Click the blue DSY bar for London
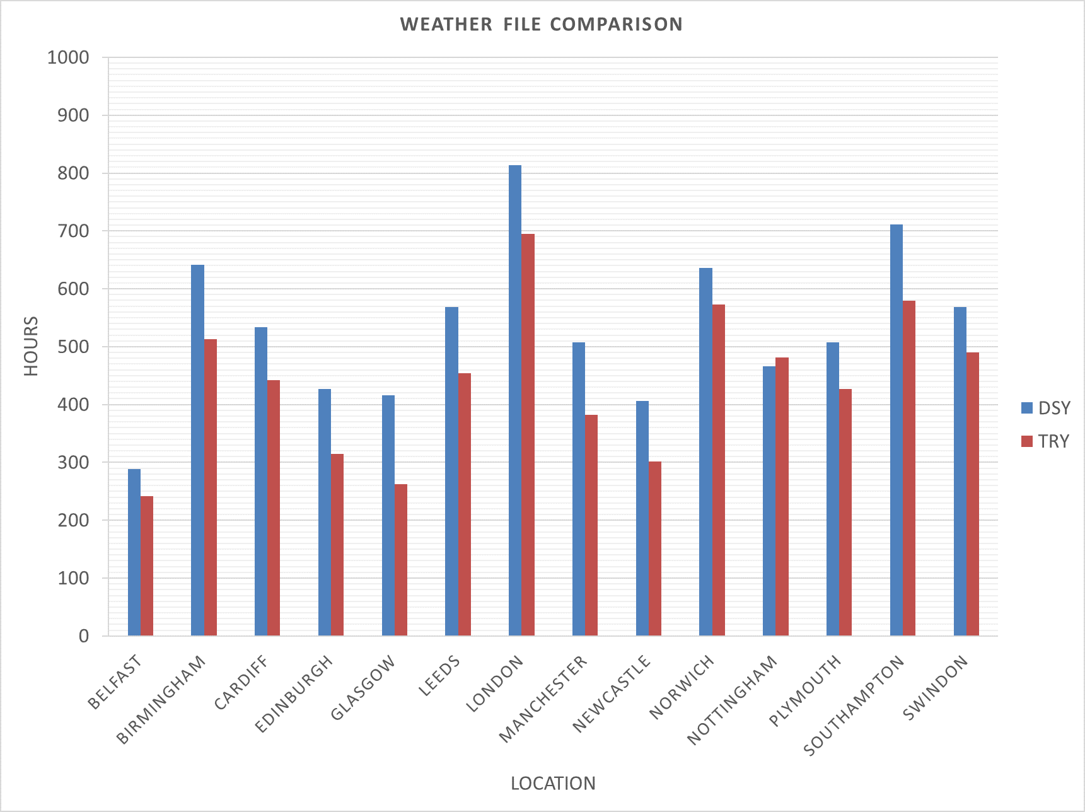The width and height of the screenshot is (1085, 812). (x=515, y=400)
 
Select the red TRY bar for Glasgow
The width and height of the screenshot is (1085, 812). (x=401, y=560)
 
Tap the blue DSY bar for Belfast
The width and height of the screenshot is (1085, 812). (x=134, y=552)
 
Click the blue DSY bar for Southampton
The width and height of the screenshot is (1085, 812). (x=896, y=430)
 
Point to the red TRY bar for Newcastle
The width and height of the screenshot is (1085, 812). (x=655, y=548)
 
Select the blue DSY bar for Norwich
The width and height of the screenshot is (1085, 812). (x=705, y=452)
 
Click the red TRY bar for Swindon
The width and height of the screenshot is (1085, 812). (x=973, y=494)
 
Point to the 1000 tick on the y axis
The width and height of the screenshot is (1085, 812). (x=68, y=58)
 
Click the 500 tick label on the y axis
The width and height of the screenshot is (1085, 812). (x=73, y=347)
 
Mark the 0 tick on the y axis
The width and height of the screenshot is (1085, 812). (x=84, y=637)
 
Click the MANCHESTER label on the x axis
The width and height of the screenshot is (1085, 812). (x=543, y=699)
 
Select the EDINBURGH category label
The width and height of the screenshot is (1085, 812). (x=294, y=694)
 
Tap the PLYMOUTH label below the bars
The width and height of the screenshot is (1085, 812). (x=805, y=690)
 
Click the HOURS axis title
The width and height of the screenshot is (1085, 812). (x=31, y=346)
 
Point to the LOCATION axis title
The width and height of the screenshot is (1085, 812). (x=553, y=784)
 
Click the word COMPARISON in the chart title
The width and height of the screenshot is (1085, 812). (x=616, y=24)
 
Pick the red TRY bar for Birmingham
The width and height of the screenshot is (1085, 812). (x=211, y=487)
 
